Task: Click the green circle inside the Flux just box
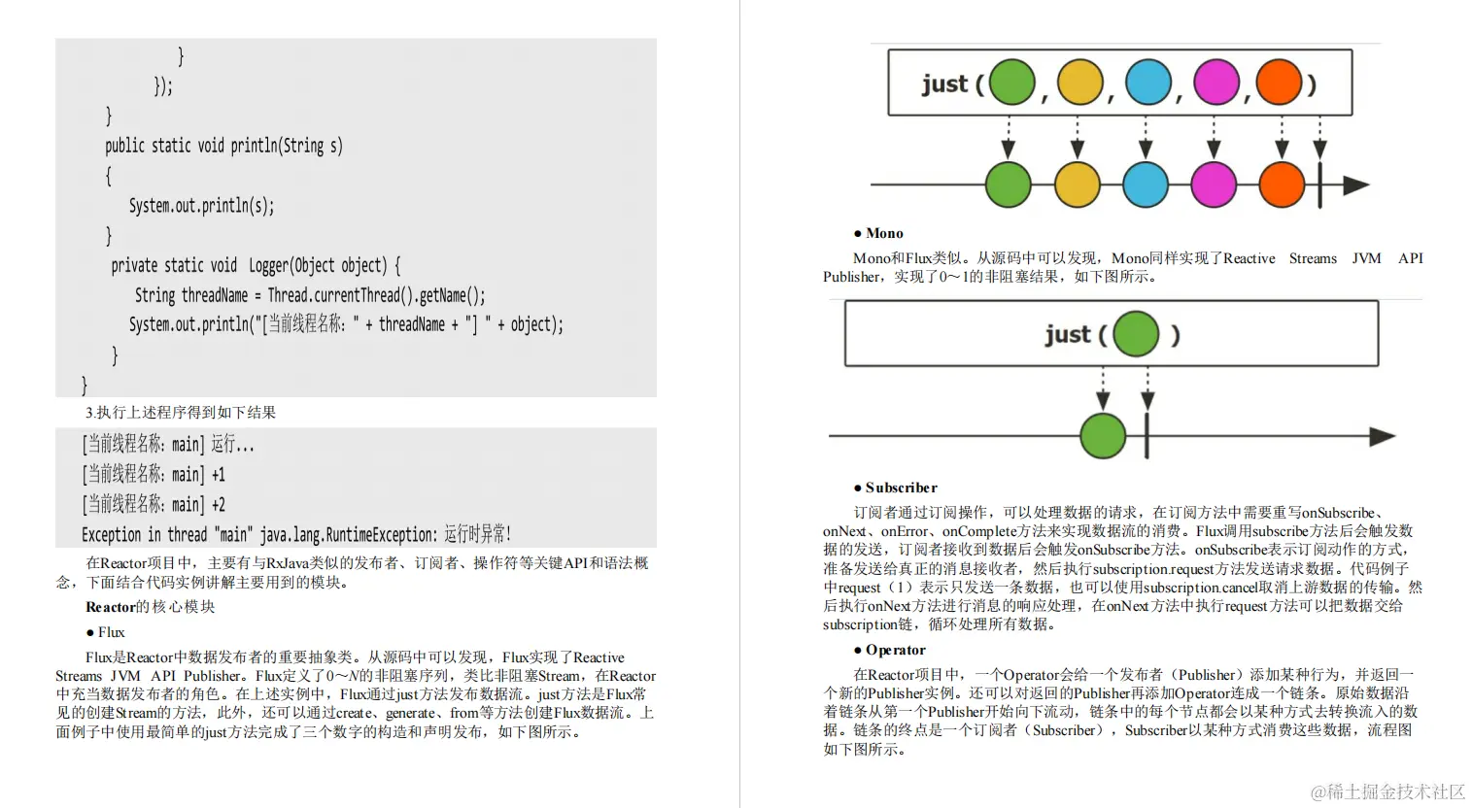1011,83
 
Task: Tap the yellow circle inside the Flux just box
1079,83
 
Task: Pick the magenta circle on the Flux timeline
1213,185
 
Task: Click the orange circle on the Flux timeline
1282,185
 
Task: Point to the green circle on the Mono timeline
1103,436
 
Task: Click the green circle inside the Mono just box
1136,334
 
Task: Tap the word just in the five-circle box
944,84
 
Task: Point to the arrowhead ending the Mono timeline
1383,437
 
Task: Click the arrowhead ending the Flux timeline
1355,185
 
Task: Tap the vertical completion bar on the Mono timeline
1147,436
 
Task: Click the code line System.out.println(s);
202,206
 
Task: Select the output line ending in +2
154,504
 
